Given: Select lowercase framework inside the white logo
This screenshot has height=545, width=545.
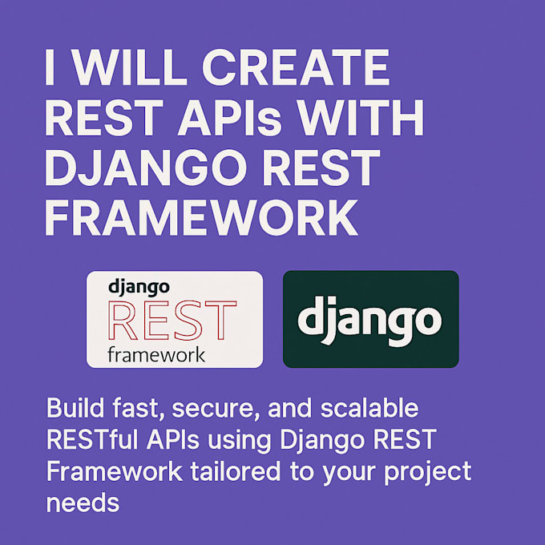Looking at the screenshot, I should (156, 353).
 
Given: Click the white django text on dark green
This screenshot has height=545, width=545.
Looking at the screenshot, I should (369, 319).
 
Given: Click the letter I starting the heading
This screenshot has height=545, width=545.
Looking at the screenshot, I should (50, 71).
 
